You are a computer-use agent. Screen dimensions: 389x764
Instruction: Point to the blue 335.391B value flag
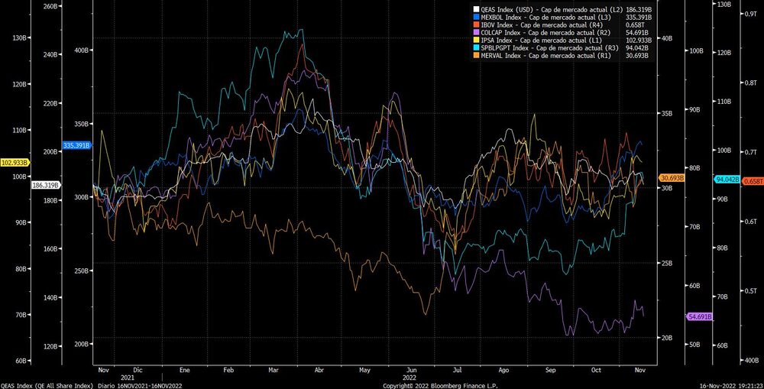pos(77,145)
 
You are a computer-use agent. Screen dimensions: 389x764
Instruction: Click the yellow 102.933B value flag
pos(15,162)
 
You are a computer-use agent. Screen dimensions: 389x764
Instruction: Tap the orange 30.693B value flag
pos(672,178)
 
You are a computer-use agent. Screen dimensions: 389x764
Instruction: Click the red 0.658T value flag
pos(753,180)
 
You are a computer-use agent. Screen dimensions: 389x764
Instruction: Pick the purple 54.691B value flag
pos(700,316)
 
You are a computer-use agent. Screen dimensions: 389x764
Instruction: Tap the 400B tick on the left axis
pos(81,50)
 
